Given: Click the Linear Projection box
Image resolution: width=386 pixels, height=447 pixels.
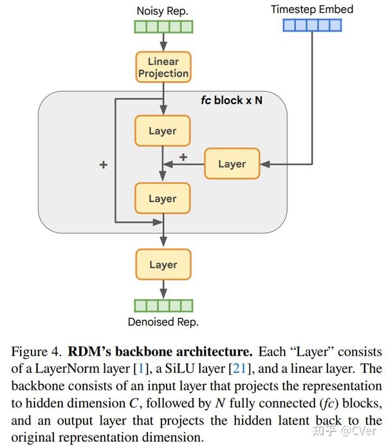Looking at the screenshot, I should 163,68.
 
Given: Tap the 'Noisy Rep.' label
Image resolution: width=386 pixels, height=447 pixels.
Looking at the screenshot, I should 163,11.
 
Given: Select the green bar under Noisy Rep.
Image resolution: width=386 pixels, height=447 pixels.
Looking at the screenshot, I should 163,26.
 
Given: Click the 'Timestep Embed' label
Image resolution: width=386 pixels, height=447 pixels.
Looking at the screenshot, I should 311,9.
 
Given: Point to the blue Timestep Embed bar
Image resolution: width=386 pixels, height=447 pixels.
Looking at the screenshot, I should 312,25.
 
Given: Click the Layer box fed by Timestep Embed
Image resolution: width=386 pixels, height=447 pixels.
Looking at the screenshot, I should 232,164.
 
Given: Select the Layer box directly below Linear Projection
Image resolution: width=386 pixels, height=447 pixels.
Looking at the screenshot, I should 162,131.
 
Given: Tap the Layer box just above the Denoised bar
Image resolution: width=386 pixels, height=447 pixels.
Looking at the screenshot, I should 163,264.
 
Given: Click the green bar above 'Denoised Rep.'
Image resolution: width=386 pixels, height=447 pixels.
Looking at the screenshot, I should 163,306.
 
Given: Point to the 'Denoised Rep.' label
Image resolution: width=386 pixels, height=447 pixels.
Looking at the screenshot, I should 163,322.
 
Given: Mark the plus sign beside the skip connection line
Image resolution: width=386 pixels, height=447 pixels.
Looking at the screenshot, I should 103,165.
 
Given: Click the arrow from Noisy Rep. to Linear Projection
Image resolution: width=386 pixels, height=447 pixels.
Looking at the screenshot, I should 163,42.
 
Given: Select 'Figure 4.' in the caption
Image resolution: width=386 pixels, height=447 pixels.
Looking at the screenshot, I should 36,352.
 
